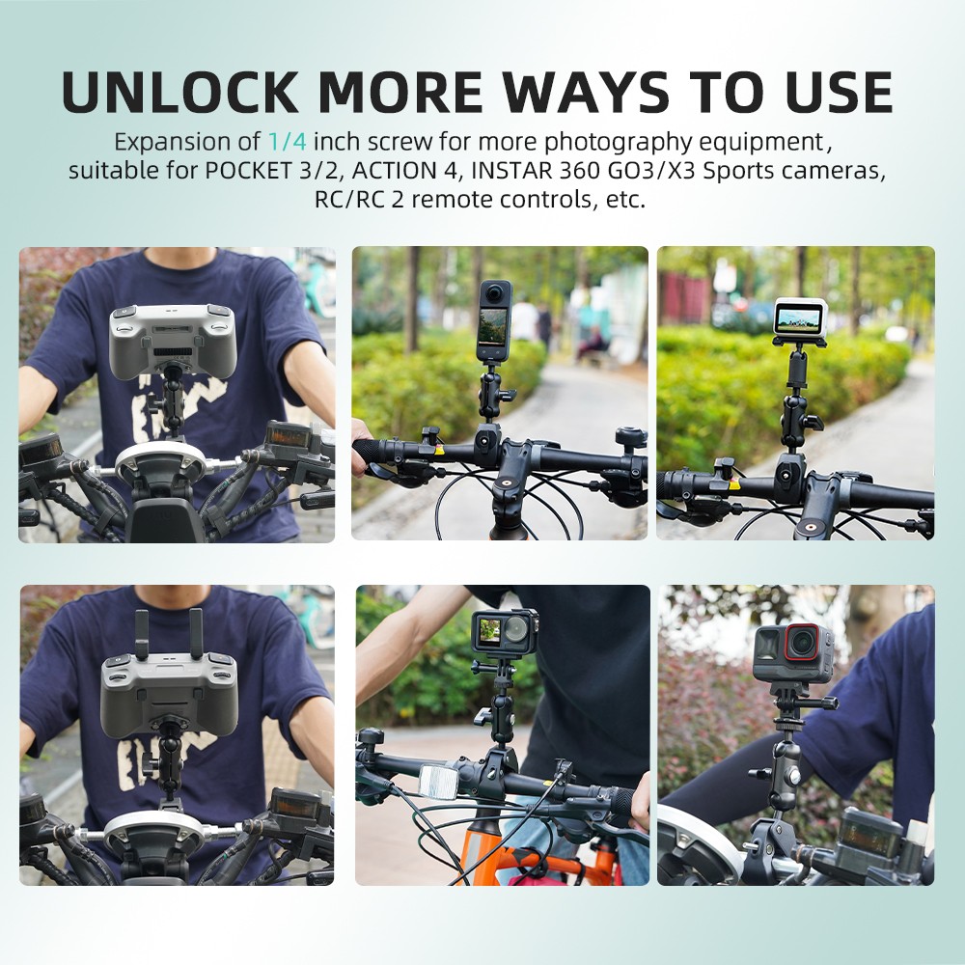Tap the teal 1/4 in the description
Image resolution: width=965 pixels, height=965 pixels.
pyautogui.click(x=287, y=142)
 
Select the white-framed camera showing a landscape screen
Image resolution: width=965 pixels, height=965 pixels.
pyautogui.click(x=800, y=317)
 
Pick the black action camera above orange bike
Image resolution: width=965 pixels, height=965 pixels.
pyautogui.click(x=503, y=631)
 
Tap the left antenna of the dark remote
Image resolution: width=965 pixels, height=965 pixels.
pyautogui.click(x=142, y=632)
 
